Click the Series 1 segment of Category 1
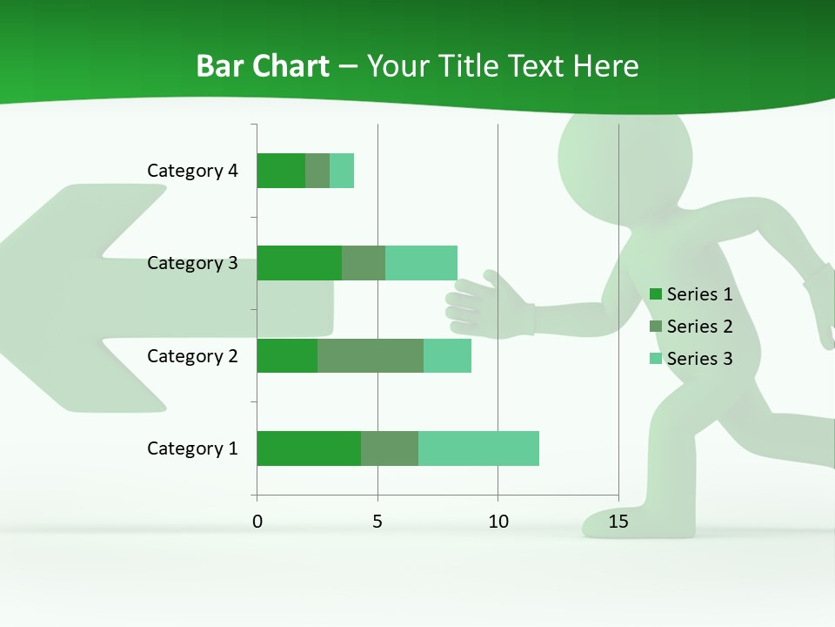click(309, 448)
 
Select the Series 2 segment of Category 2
click(371, 355)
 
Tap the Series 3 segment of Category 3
click(421, 263)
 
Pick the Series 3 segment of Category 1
click(478, 448)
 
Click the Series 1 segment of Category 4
click(281, 171)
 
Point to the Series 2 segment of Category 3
click(364, 263)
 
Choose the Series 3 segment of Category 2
click(447, 355)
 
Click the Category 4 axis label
click(192, 171)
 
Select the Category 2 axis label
click(192, 355)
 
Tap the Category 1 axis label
click(192, 448)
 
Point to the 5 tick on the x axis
click(377, 522)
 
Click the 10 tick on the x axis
click(498, 522)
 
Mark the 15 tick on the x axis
click(618, 522)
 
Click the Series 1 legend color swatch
click(656, 294)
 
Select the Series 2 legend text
click(699, 327)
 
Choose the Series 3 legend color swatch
click(656, 359)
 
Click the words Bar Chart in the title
click(263, 66)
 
